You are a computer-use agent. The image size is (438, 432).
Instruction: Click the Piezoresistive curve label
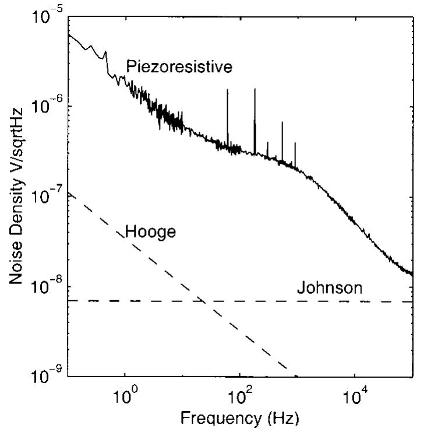point(179,67)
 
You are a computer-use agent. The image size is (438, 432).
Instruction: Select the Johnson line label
point(330,287)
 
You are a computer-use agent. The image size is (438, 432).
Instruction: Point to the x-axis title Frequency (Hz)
point(241,419)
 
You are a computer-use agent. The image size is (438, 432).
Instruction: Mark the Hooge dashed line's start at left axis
point(68,193)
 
